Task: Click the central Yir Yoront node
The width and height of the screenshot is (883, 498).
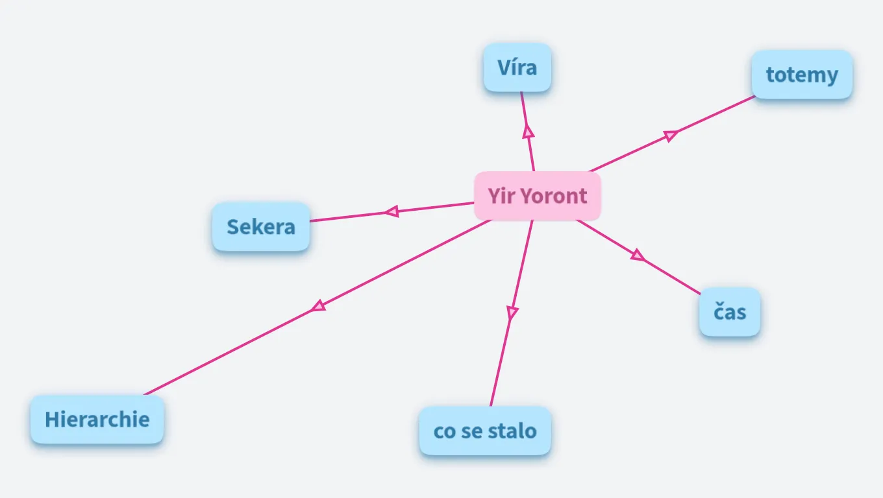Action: [x=538, y=196]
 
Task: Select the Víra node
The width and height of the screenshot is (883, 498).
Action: [x=517, y=67]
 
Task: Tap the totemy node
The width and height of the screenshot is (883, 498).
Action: [x=802, y=75]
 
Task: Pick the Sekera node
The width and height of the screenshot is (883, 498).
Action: [x=261, y=227]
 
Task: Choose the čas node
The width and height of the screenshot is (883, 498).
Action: [x=730, y=312]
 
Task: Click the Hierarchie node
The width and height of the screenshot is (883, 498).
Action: [x=97, y=420]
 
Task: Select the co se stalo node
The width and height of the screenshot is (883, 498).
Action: [x=485, y=431]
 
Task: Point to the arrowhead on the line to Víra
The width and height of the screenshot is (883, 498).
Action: [x=529, y=131]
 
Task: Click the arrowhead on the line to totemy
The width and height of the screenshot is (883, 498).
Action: [x=671, y=136]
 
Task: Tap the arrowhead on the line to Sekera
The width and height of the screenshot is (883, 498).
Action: [x=391, y=211]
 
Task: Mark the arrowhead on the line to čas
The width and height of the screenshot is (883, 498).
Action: [x=638, y=255]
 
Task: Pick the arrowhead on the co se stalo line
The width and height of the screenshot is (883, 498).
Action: [x=512, y=313]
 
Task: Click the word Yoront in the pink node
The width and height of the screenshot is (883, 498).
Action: [x=556, y=196]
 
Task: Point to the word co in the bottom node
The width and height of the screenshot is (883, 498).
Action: [x=444, y=431]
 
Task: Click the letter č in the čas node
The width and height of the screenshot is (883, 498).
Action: [x=719, y=312]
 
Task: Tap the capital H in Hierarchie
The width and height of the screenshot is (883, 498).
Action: [x=52, y=420]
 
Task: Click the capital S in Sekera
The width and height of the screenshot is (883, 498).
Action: [x=233, y=227]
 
